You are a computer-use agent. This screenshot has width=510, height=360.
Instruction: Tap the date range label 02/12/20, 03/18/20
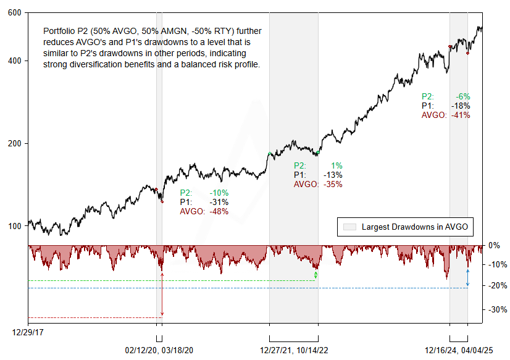159,350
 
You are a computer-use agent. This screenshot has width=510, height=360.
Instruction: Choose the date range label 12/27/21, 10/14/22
293,350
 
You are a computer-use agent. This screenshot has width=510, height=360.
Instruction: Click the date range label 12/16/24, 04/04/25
458,350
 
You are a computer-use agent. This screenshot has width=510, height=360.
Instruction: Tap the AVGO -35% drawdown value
334,184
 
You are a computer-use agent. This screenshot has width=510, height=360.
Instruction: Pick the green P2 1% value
337,165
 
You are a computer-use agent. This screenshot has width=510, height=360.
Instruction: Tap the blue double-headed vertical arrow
467,278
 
